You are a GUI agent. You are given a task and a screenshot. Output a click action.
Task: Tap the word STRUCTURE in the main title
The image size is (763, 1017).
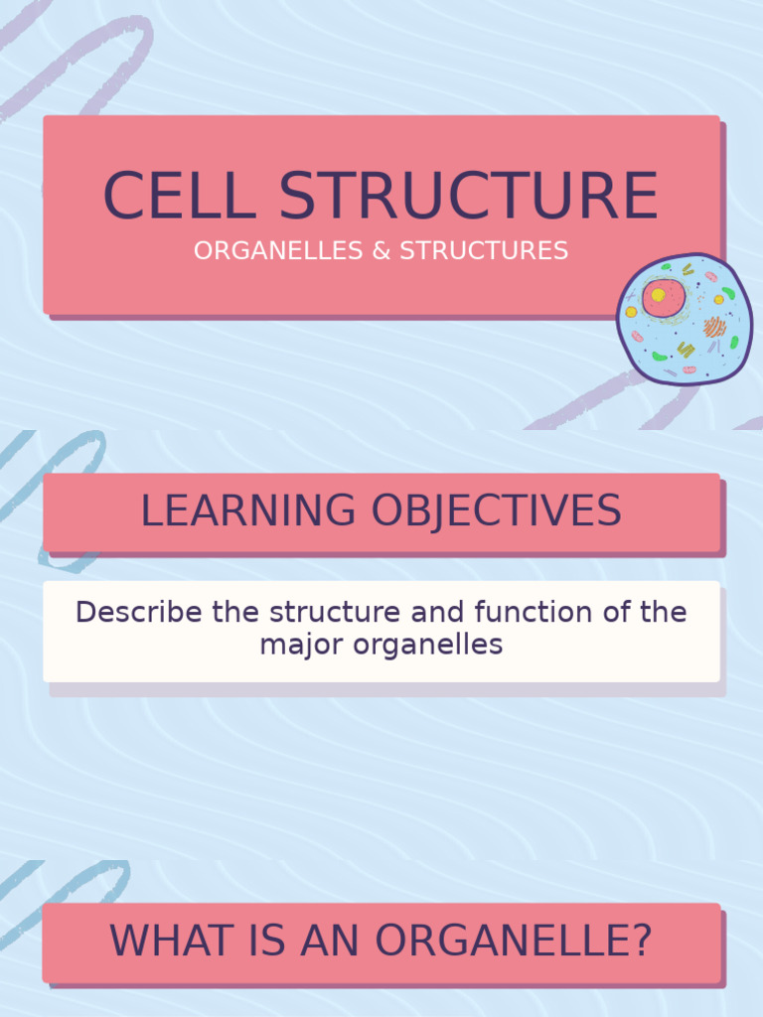click(x=468, y=196)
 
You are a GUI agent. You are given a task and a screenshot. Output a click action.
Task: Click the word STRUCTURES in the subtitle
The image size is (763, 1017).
click(x=484, y=250)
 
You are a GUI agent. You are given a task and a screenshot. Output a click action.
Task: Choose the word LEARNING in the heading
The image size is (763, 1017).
click(x=248, y=510)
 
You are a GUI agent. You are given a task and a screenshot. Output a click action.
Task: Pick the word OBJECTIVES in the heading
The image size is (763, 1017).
click(x=497, y=510)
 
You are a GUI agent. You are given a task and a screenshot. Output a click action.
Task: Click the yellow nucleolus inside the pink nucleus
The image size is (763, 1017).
click(x=658, y=295)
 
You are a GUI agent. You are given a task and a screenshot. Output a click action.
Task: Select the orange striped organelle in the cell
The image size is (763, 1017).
click(x=714, y=326)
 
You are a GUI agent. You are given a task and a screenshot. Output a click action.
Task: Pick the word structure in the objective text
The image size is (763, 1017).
click(x=336, y=612)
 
